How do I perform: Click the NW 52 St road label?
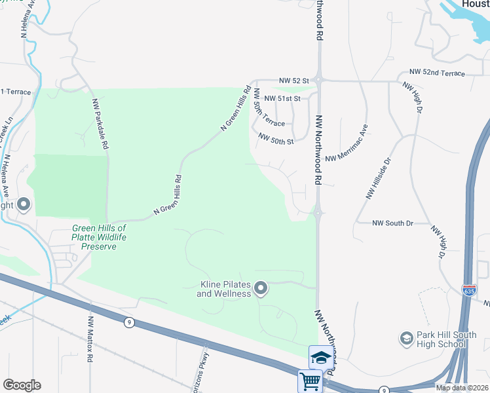tap(293, 80)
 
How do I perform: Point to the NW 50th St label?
tap(276, 140)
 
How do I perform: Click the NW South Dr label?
tap(392, 223)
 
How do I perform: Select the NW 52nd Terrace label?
tap(437, 71)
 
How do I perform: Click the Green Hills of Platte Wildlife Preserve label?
tap(98, 237)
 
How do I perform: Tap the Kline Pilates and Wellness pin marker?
tap(261, 288)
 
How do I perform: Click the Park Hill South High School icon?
tap(406, 339)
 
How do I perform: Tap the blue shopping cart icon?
tap(309, 381)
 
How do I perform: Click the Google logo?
tap(22, 385)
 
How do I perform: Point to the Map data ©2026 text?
tap(462, 388)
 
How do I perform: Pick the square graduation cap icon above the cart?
tap(320, 357)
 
